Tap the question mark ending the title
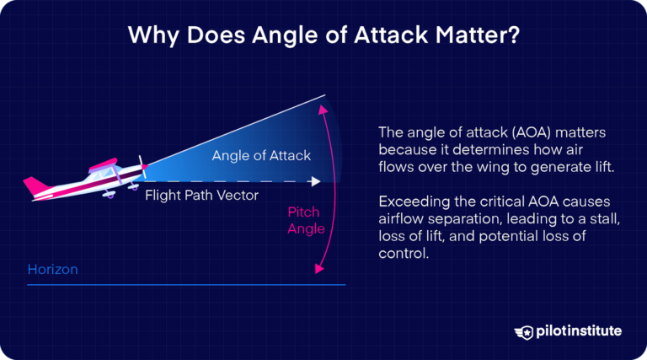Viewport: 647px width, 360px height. click(515, 38)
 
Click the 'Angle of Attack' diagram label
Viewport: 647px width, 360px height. click(261, 155)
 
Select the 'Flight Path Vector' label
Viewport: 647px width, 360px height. click(201, 196)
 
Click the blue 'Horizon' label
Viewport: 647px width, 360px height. click(53, 270)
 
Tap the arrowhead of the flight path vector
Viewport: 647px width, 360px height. click(316, 180)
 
